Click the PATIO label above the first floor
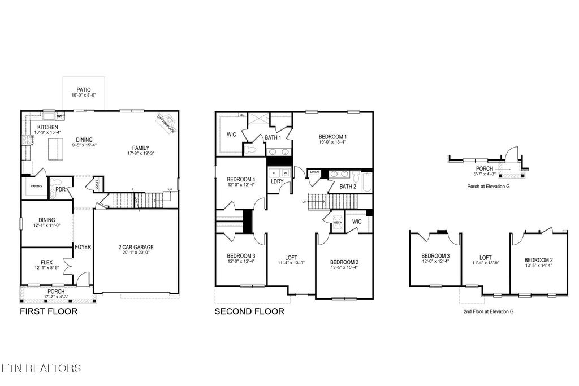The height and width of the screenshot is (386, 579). pos(84,89)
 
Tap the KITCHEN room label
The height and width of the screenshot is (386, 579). pos(47,127)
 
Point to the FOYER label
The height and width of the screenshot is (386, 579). pos(83,247)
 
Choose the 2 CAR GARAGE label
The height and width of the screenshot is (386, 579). pos(136,247)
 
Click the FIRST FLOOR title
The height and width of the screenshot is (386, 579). pos(49,311)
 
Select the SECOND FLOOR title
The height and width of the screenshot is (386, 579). pos(249,311)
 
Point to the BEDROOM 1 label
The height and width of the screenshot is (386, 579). pos(332,136)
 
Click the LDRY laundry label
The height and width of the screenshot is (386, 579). pos(277,181)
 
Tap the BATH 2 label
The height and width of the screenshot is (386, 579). pos(347,186)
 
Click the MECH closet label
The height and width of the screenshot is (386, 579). pos(338,223)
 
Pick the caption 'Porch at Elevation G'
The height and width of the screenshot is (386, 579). pos(488,186)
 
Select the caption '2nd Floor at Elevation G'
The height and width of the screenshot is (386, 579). pos(489,311)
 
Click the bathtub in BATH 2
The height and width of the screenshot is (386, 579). pos(365,183)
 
